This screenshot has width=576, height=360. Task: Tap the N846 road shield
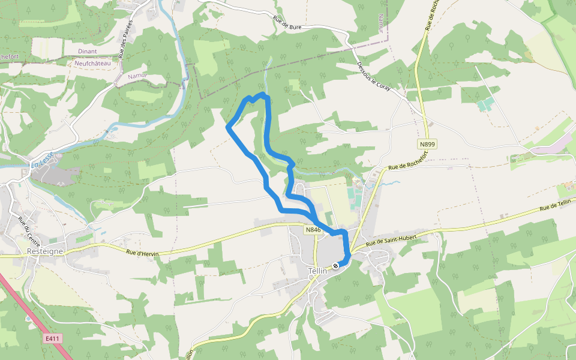313,230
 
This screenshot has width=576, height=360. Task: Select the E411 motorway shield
53,339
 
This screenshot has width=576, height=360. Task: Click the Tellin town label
317,271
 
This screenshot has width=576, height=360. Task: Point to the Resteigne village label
45,252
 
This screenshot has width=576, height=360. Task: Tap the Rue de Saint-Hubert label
391,241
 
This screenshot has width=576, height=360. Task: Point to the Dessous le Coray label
373,76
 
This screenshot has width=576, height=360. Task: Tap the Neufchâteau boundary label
93,63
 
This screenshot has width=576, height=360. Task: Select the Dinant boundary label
87,52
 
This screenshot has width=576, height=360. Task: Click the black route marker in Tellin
335,265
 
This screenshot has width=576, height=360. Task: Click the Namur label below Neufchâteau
137,76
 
